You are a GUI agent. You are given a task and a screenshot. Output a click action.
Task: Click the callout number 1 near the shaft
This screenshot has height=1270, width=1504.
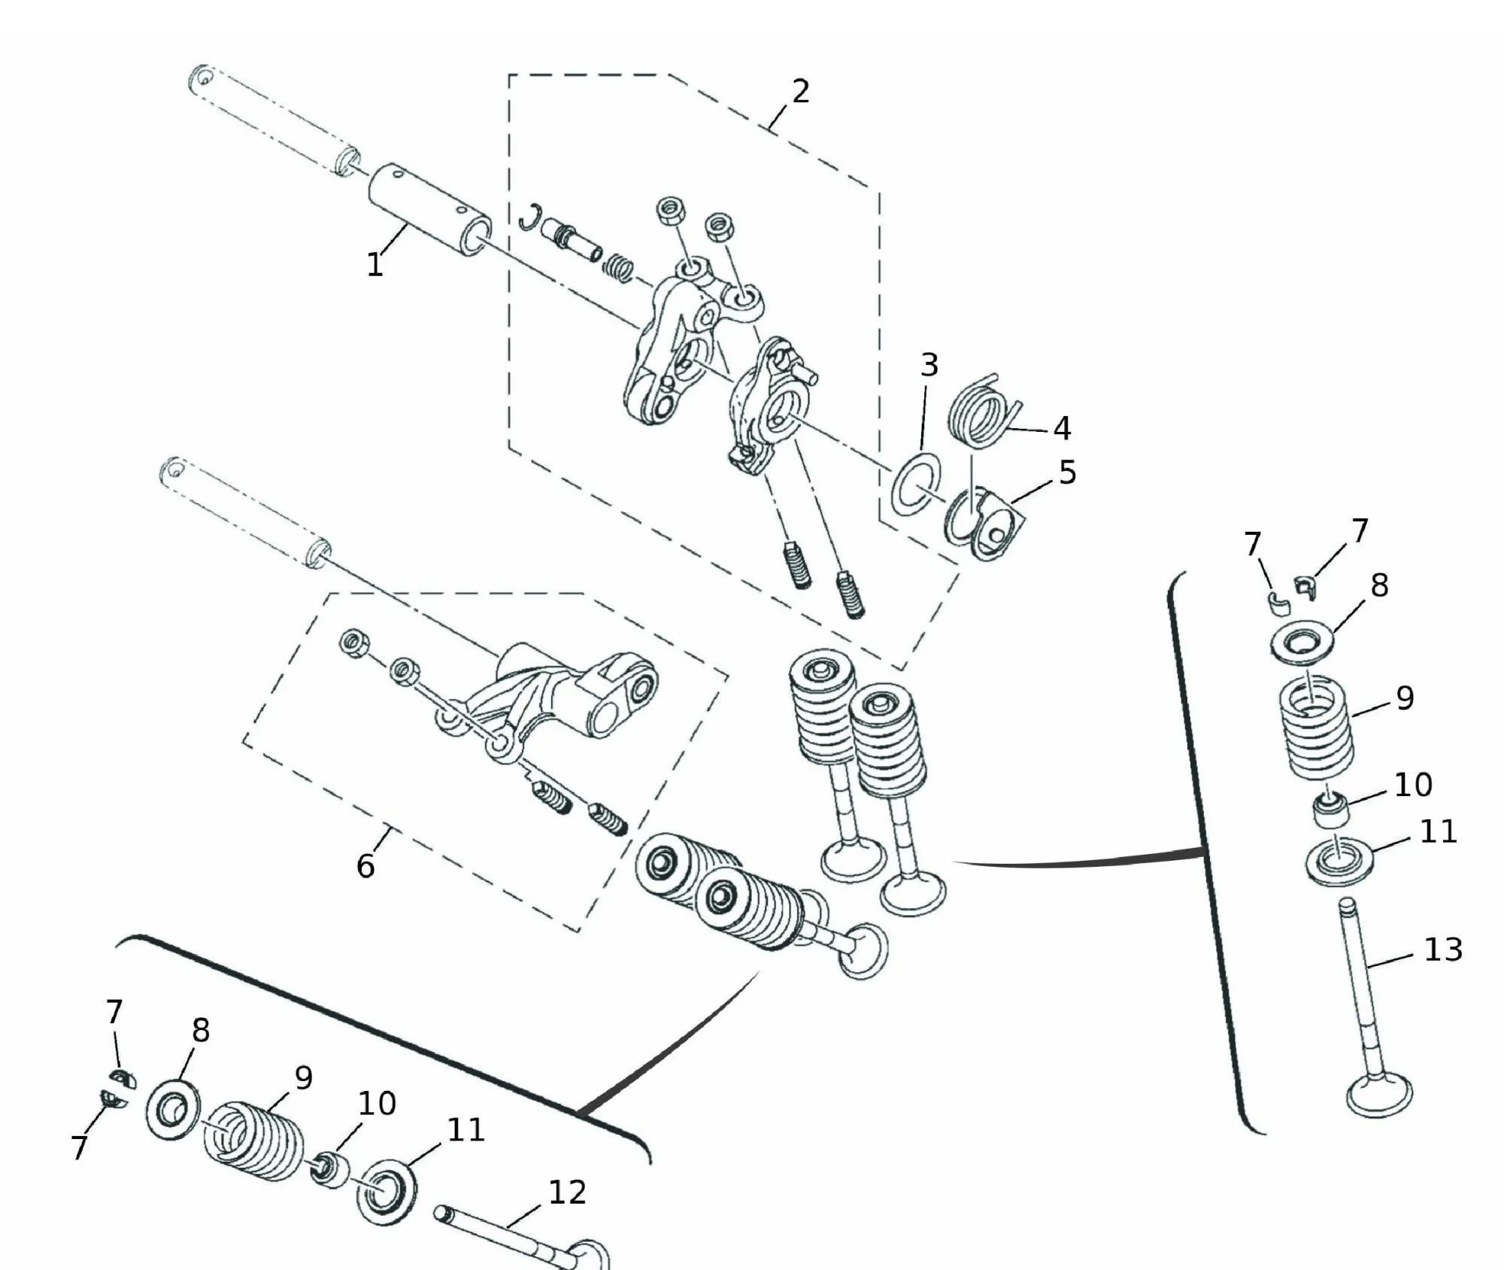pyautogui.click(x=374, y=264)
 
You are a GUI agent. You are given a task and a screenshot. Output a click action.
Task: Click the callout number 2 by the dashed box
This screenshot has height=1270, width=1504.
pyautogui.click(x=801, y=92)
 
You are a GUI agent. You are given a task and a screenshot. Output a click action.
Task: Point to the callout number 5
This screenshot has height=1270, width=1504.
pyautogui.click(x=1067, y=472)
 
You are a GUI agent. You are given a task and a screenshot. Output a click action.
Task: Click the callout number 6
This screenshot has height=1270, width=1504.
pyautogui.click(x=365, y=866)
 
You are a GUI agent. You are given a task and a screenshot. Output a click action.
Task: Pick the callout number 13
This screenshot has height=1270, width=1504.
pyautogui.click(x=1443, y=949)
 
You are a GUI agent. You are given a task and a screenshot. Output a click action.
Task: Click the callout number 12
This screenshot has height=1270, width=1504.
pyautogui.click(x=567, y=1192)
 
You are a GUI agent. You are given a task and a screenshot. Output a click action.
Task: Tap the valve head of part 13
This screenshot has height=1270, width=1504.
pyautogui.click(x=1379, y=1095)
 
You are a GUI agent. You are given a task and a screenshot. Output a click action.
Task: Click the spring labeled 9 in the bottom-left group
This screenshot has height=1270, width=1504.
pyautogui.click(x=254, y=1141)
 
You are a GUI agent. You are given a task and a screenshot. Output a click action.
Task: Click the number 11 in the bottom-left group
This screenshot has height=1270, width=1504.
pyautogui.click(x=465, y=1129)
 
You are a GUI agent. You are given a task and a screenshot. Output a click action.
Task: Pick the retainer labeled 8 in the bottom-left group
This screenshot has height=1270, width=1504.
pyautogui.click(x=174, y=1110)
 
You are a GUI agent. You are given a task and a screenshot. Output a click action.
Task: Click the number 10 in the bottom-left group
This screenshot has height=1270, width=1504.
pyautogui.click(x=376, y=1104)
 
